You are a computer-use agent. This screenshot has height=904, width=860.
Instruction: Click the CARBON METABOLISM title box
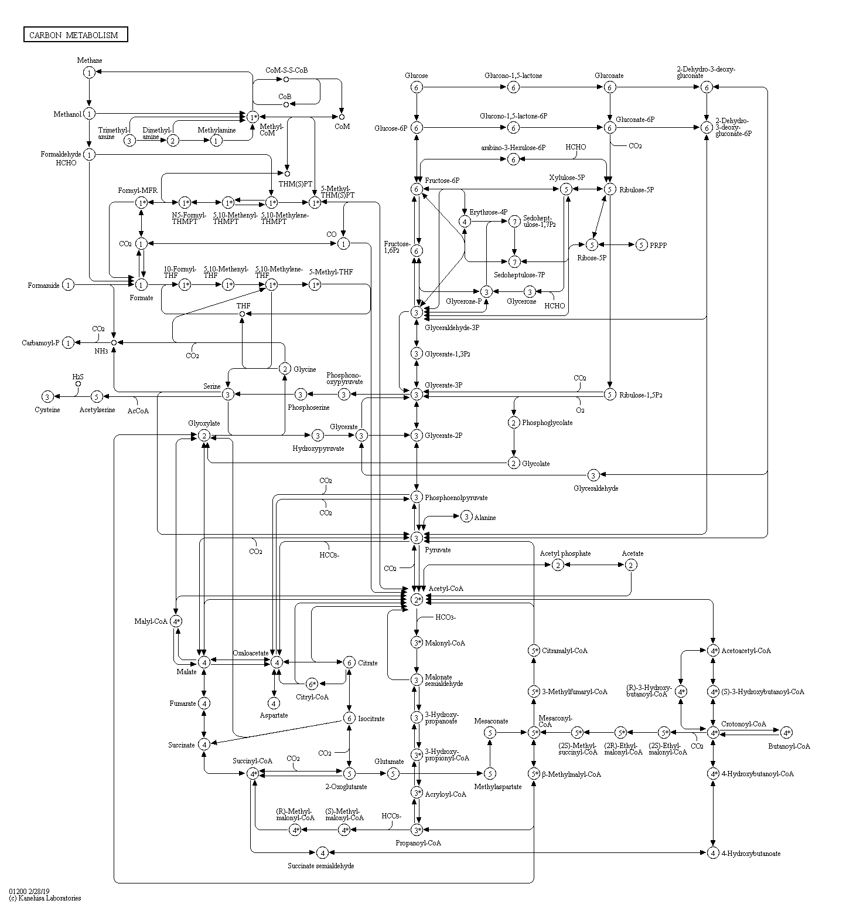point(76,35)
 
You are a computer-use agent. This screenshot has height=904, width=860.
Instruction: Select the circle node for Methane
point(89,72)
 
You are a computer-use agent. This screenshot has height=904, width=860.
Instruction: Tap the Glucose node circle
point(417,87)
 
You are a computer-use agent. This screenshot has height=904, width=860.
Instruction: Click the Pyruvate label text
point(438,550)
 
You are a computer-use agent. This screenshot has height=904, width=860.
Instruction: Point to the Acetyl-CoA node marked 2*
point(417,600)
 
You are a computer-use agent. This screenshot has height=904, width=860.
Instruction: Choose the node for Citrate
point(349,662)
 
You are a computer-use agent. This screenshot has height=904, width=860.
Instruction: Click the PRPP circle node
point(641,244)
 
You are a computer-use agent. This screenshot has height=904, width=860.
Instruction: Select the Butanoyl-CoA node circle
point(786,732)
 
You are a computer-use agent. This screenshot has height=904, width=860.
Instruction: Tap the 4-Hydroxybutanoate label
point(751,854)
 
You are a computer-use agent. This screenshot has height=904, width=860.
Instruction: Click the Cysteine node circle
point(47,397)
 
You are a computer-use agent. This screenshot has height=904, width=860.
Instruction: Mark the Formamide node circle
point(69,285)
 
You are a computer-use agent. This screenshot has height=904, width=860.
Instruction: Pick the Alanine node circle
point(466,516)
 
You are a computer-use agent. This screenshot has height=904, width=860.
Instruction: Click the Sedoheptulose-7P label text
point(519,274)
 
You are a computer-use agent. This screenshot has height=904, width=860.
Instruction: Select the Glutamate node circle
point(393,774)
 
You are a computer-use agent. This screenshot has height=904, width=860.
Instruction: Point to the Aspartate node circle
point(274,703)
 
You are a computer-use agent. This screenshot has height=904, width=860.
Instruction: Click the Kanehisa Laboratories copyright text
point(45,898)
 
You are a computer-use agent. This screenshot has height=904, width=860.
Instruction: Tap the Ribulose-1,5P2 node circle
point(610,394)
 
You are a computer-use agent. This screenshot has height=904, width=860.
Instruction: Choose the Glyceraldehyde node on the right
point(593,475)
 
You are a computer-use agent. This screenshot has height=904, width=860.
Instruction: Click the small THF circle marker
point(242,314)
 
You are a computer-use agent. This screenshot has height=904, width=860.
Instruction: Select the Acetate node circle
point(630,565)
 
